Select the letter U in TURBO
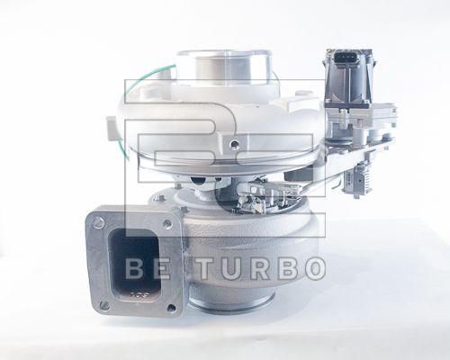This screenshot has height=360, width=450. pyautogui.click(x=225, y=268)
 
